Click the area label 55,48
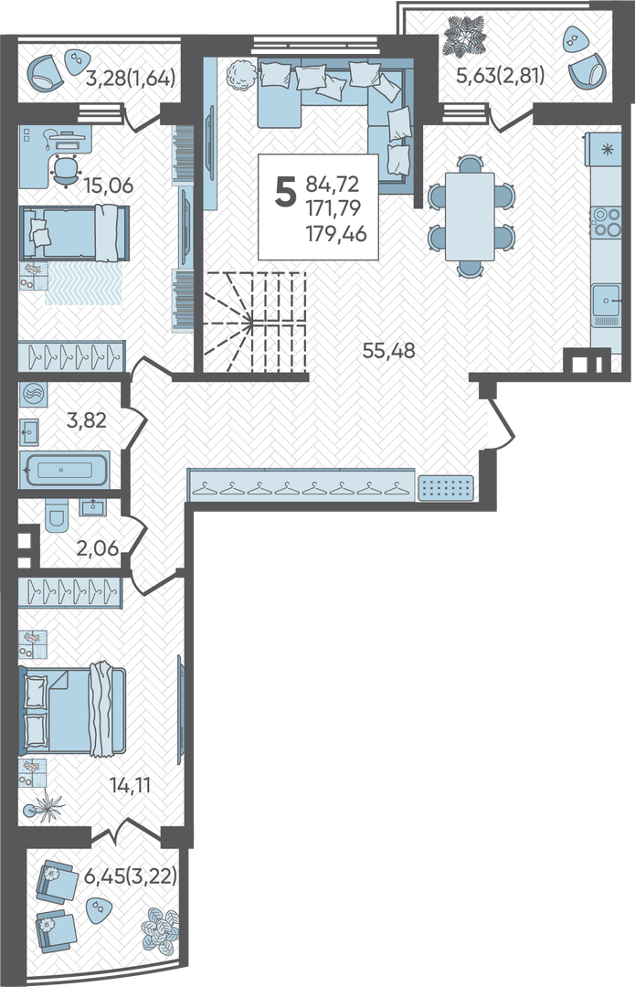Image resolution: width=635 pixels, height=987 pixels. pyautogui.click(x=389, y=351)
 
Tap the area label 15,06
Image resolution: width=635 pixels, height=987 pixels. pyautogui.click(x=108, y=186)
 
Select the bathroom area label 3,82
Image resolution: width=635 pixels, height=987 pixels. pyautogui.click(x=86, y=419)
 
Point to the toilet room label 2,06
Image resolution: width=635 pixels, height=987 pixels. pyautogui.click(x=98, y=548)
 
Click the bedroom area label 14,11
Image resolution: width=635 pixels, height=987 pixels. pyautogui.click(x=131, y=785)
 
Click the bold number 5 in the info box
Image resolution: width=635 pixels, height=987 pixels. pyautogui.click(x=285, y=191)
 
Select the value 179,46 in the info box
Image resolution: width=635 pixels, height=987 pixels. pyautogui.click(x=336, y=234)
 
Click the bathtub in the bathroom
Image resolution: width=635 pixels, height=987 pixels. pyautogui.click(x=65, y=469)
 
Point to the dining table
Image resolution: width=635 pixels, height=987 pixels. pyautogui.click(x=470, y=217)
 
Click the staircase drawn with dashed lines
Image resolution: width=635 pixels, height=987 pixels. pyautogui.click(x=254, y=322)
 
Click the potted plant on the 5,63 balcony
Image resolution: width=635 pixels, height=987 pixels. pyautogui.click(x=465, y=36)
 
